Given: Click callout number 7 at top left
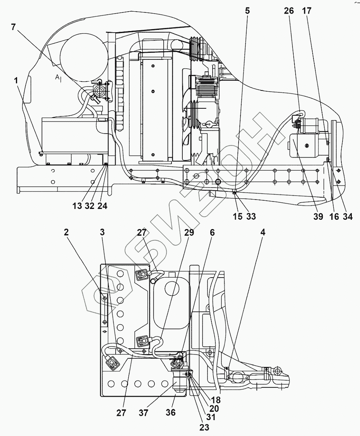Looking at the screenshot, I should (x=14, y=27).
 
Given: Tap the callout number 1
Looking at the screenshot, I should (x=16, y=80).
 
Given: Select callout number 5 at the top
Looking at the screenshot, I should (x=247, y=11).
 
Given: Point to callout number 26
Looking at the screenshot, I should (x=289, y=11).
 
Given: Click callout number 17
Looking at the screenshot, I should (x=307, y=11).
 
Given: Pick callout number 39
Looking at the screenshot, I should (x=318, y=217).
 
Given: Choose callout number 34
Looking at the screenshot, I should (x=348, y=217).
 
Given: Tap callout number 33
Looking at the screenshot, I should (x=251, y=217).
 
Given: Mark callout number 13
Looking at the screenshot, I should (x=77, y=206).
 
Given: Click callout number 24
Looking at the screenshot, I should (x=102, y=206).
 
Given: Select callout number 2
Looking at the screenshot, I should (x=66, y=232).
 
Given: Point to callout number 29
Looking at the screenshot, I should (x=189, y=232).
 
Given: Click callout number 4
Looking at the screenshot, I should (x=263, y=232).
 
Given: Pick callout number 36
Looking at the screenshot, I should (x=171, y=413).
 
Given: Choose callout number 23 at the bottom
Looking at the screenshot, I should (x=204, y=427).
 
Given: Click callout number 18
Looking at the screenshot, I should (x=216, y=400).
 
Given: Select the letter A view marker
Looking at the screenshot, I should (x=57, y=78).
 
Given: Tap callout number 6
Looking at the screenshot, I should (x=212, y=232).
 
